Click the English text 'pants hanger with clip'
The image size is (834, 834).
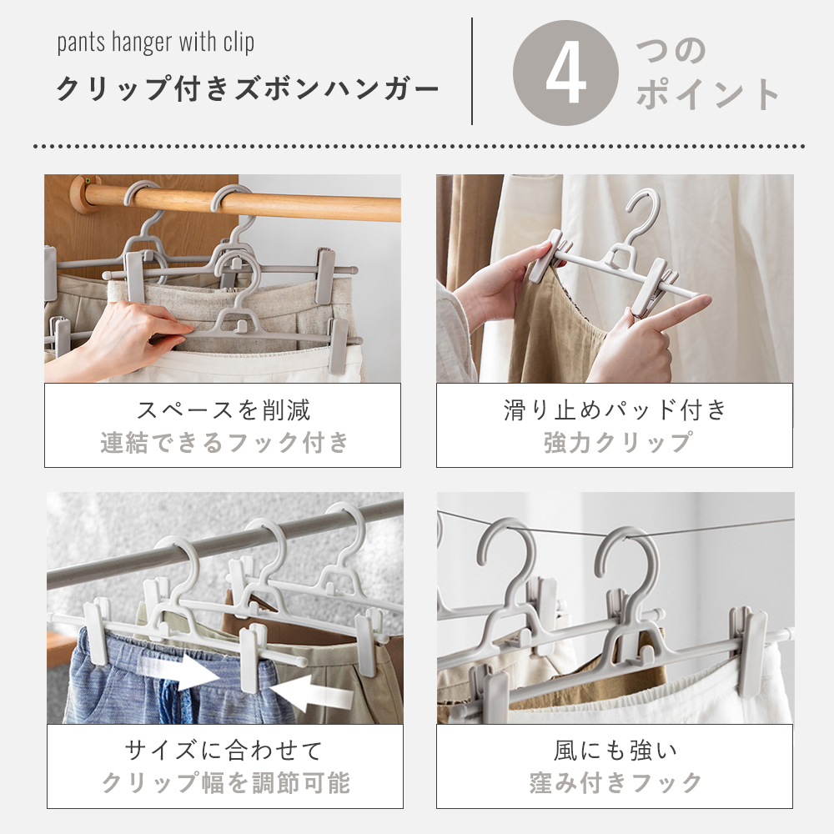156,43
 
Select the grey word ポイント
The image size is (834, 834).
708,95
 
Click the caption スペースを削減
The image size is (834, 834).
223,410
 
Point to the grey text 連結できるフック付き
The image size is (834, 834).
224,442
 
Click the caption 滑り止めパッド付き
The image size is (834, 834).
615,410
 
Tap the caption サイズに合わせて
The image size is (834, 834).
224,751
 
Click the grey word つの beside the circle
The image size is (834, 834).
671,52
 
